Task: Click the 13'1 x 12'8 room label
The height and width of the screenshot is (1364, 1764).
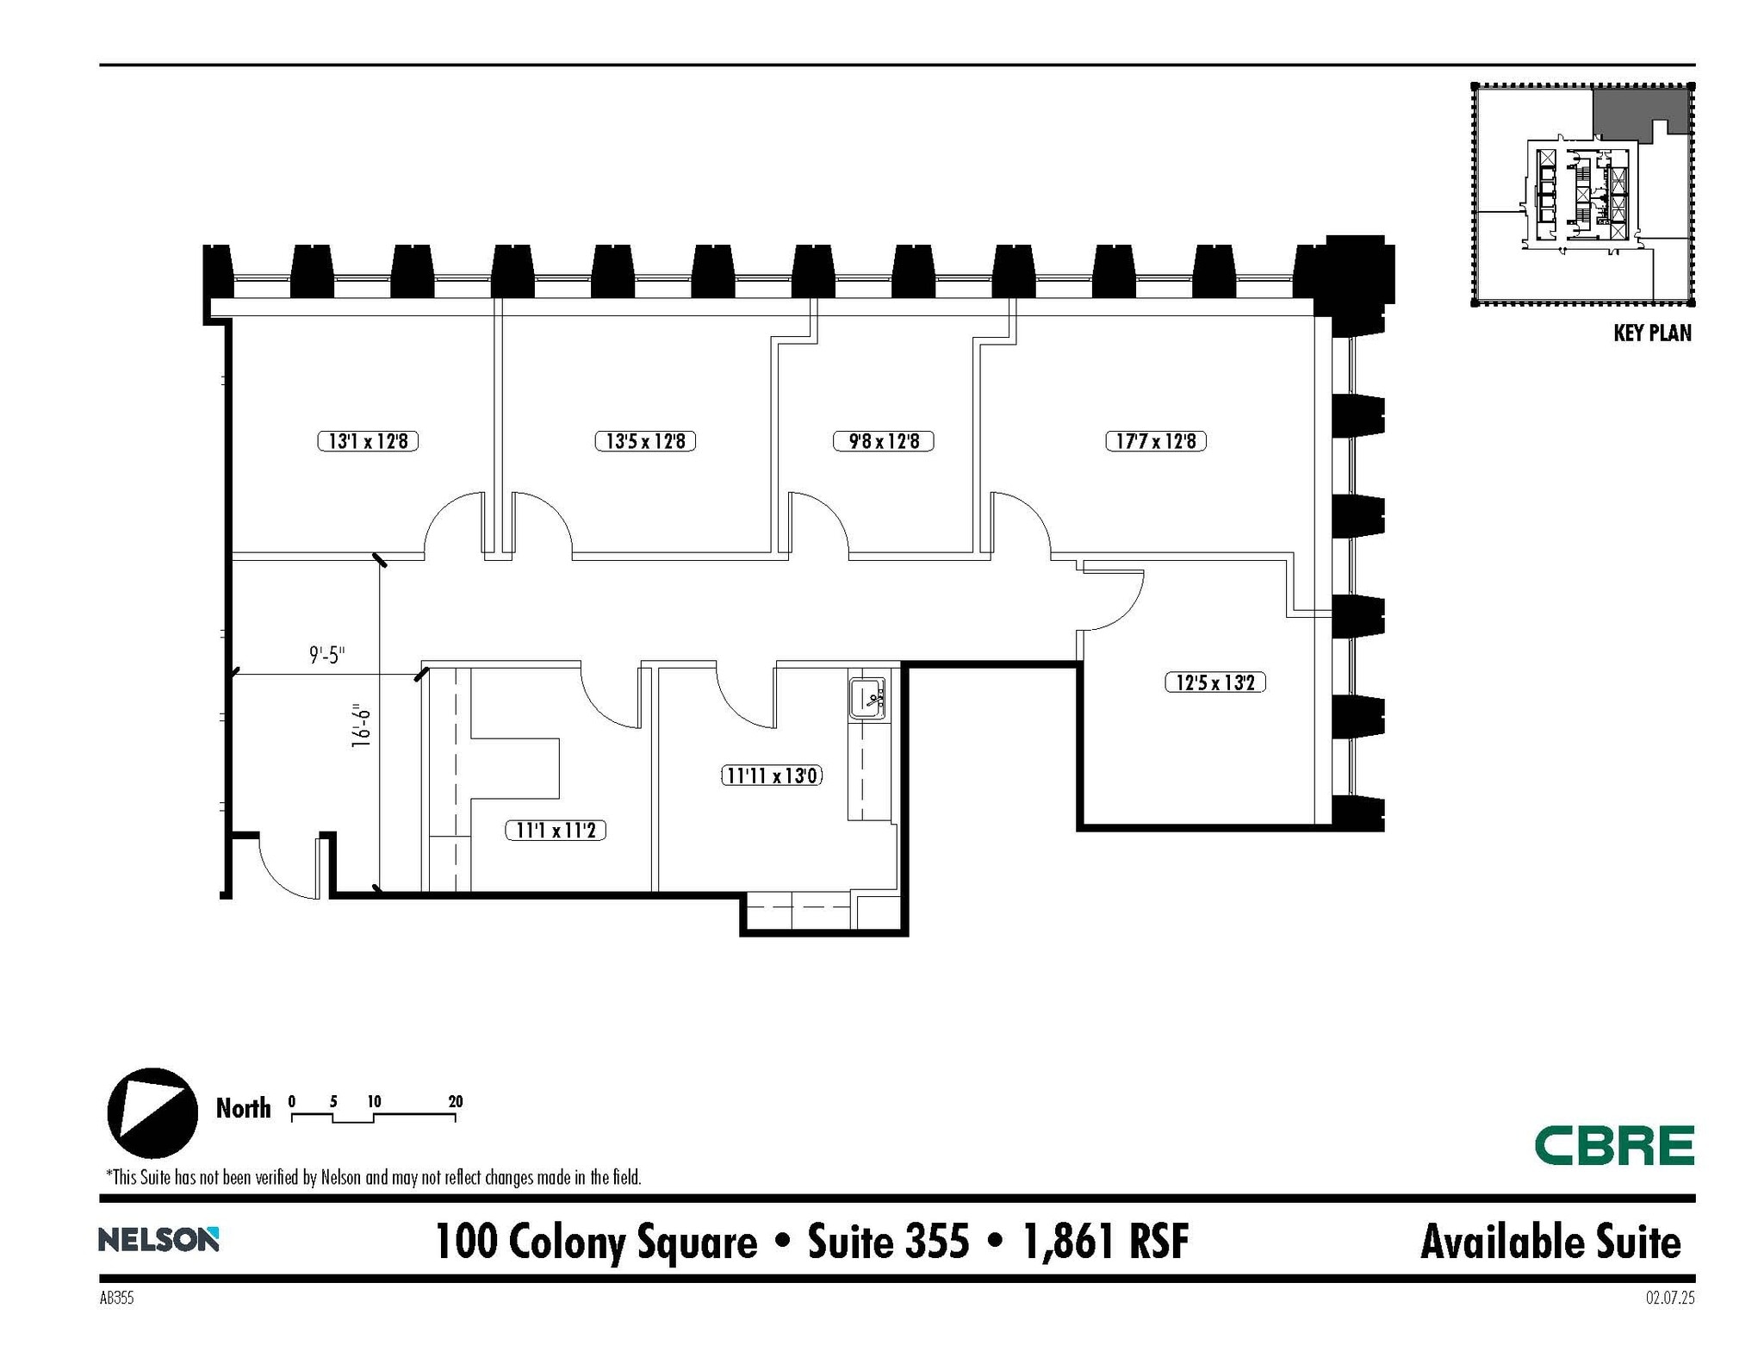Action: click(x=368, y=441)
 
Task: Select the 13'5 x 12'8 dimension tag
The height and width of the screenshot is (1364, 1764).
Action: click(x=645, y=441)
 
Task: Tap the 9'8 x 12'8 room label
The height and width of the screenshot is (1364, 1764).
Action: click(x=884, y=441)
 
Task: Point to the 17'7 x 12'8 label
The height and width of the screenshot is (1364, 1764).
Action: click(x=1155, y=441)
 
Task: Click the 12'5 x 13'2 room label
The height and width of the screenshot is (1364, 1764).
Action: click(x=1214, y=682)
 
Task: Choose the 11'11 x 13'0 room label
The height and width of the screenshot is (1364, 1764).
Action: click(x=771, y=775)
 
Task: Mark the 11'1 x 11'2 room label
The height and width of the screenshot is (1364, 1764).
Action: click(x=556, y=831)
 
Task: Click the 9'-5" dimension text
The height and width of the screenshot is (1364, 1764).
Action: click(x=326, y=656)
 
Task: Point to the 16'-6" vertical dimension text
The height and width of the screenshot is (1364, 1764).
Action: click(x=362, y=726)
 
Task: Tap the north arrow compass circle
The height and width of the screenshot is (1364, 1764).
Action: click(x=152, y=1112)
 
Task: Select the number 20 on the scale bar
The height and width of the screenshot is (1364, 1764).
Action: click(x=456, y=1101)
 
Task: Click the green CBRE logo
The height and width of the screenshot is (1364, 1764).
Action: click(x=1614, y=1145)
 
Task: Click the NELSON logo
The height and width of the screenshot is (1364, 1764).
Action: click(x=158, y=1240)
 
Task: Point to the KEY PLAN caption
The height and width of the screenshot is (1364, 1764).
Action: click(x=1652, y=333)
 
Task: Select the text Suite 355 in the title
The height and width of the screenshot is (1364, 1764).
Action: click(x=888, y=1242)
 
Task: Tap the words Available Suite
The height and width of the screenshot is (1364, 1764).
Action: click(x=1550, y=1242)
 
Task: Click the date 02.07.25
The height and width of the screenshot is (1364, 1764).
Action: click(x=1669, y=1298)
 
